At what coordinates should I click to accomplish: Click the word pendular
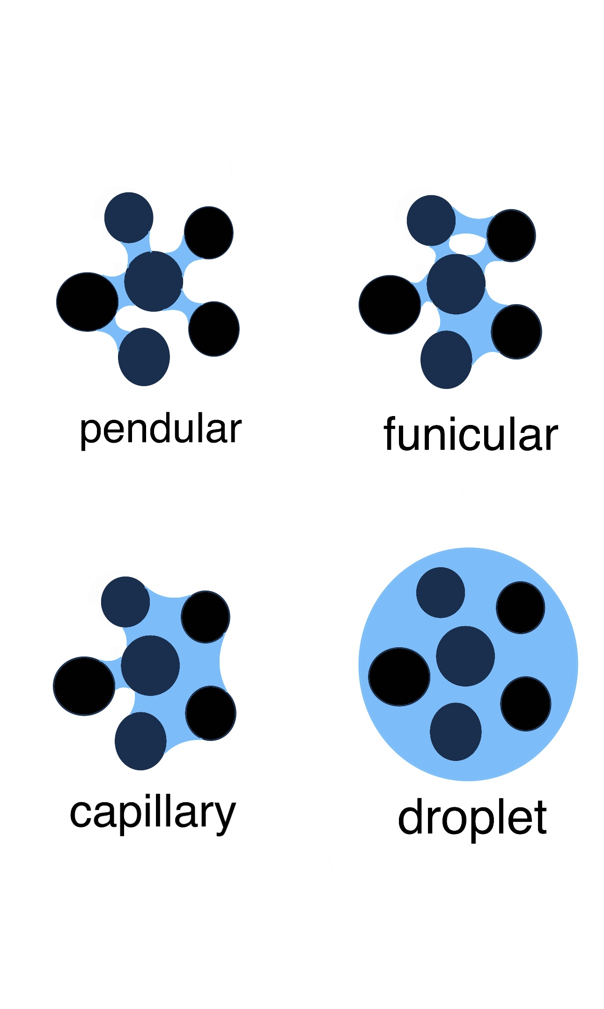[x=161, y=430]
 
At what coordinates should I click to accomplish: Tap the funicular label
[x=471, y=435]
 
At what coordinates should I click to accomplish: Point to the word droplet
[x=472, y=819]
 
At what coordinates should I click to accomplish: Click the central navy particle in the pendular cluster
[x=154, y=281]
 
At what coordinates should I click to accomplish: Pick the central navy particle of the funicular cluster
[x=456, y=284]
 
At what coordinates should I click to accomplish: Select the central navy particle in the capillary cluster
[x=150, y=665]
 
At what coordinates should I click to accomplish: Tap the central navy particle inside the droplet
[x=465, y=656]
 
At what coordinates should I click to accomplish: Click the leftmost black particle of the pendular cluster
[x=87, y=302]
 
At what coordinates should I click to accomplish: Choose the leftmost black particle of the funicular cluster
[x=390, y=305]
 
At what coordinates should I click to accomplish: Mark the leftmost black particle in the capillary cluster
[x=84, y=686]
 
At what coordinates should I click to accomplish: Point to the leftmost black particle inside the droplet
[x=399, y=677]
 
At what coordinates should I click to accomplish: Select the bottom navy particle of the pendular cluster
[x=144, y=357]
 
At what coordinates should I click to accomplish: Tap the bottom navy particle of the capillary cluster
[x=140, y=741]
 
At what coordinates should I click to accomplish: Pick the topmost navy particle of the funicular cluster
[x=431, y=220]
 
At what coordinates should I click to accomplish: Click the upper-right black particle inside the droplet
[x=520, y=607]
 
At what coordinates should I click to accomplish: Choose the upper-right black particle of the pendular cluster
[x=209, y=233]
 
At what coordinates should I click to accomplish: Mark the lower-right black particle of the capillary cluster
[x=211, y=713]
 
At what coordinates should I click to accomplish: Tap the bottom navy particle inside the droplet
[x=456, y=731]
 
